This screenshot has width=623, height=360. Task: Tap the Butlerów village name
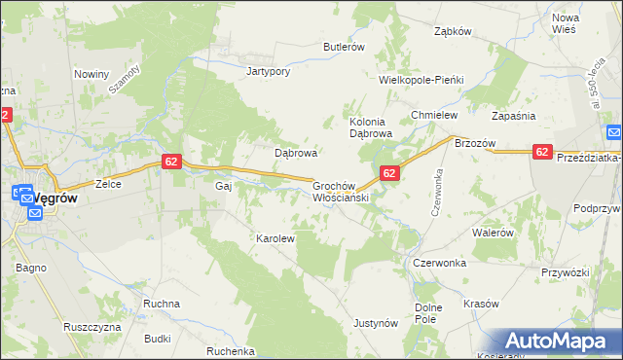344,46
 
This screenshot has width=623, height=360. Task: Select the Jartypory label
270,71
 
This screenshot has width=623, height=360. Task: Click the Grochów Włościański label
338,191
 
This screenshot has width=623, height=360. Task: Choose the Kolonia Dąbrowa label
370,127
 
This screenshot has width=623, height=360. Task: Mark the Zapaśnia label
515,115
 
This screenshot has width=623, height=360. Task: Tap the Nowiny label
92,73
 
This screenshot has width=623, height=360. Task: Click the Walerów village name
492,233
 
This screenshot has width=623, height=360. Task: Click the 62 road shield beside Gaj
171,162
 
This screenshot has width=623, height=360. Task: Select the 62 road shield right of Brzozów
542,151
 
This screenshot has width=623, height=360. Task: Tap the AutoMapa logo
559,342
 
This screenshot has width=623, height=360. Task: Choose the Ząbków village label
453,30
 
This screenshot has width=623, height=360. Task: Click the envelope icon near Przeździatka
614,132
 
